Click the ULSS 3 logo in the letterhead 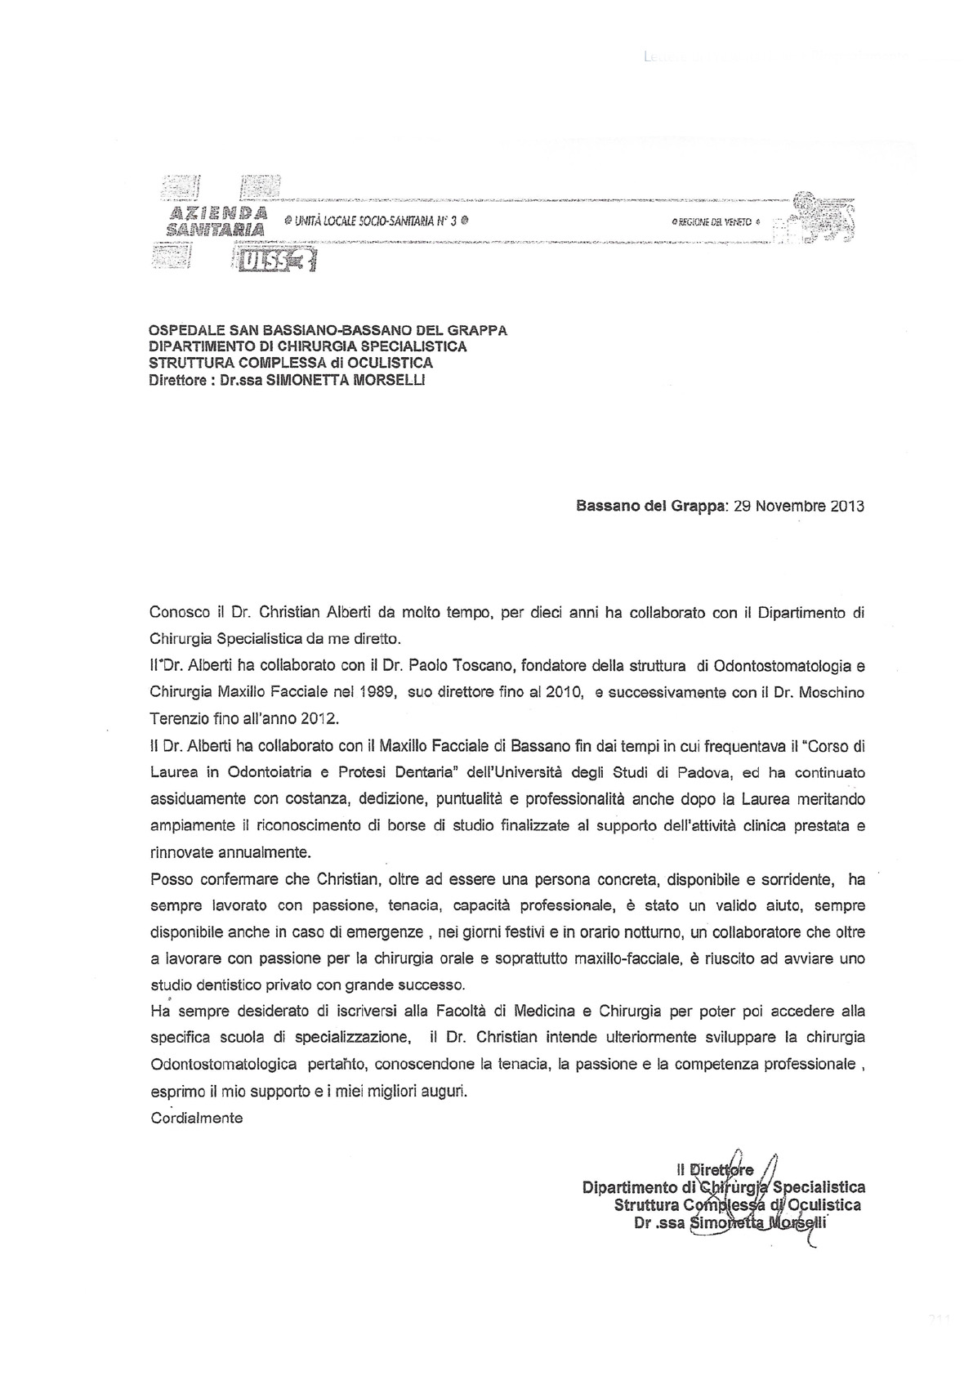(x=275, y=261)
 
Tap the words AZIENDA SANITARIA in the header (x=216, y=221)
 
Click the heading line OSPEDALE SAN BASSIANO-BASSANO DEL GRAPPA (x=328, y=331)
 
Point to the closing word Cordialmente (x=197, y=1117)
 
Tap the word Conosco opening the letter (x=178, y=613)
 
